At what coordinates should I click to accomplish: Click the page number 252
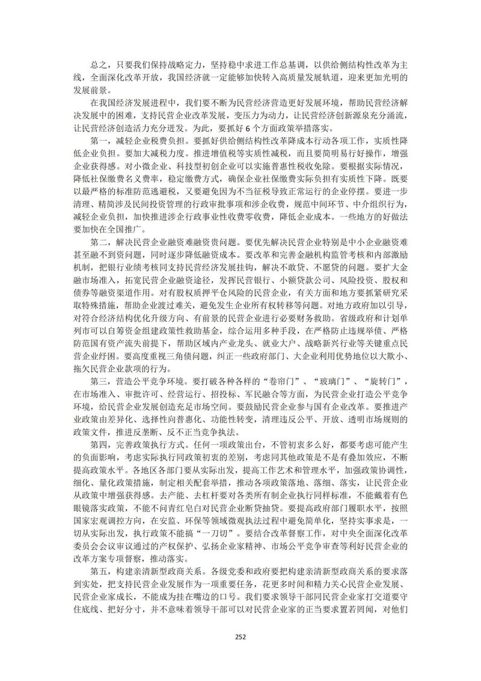240,637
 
